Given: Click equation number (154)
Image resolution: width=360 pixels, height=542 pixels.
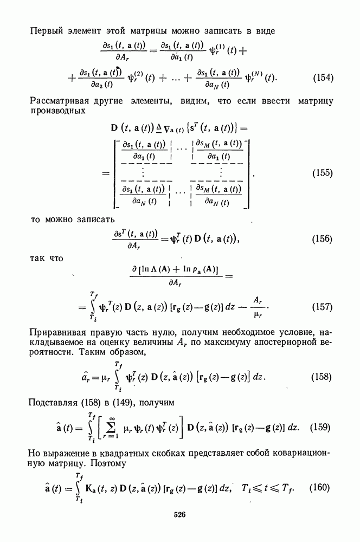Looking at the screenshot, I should pyautogui.click(x=323, y=78).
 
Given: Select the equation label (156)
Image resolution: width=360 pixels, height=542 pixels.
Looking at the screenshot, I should pyautogui.click(x=323, y=239).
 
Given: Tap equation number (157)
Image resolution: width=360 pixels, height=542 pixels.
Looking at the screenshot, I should pyautogui.click(x=323, y=307).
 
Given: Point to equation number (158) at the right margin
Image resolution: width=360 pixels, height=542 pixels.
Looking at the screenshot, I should pyautogui.click(x=323, y=376).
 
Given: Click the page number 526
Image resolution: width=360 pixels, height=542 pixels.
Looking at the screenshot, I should pyautogui.click(x=180, y=515).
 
